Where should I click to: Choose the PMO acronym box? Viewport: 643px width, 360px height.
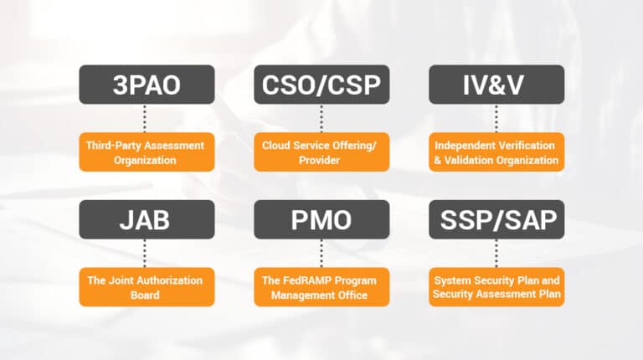coord(321,220)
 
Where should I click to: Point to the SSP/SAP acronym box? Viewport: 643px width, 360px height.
coord(496,220)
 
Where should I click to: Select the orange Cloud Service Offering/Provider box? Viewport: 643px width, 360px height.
coord(321,152)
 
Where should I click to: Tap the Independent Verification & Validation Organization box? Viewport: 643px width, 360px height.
coord(496,152)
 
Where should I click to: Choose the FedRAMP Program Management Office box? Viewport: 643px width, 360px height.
coord(321,286)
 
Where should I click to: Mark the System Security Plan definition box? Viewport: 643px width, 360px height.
coord(496,286)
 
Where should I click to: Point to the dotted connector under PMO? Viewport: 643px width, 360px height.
coord(321,252)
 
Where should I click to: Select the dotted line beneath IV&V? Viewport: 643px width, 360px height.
coord(496,118)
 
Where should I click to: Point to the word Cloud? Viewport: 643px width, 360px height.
coord(276,145)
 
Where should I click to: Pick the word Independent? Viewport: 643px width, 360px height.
coord(464,145)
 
